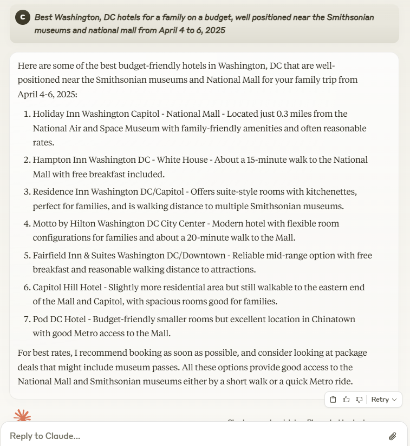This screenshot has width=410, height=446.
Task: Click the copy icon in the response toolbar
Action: point(333,400)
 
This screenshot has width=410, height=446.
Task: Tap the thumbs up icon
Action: point(346,400)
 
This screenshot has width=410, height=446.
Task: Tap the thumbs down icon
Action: point(359,400)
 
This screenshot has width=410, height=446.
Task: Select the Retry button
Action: point(384,400)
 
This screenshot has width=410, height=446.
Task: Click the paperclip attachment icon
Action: point(393,436)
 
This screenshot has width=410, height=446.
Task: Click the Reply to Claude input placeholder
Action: point(45,436)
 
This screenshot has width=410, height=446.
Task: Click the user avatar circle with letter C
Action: point(22,17)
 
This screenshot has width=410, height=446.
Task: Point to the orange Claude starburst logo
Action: point(22,416)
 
